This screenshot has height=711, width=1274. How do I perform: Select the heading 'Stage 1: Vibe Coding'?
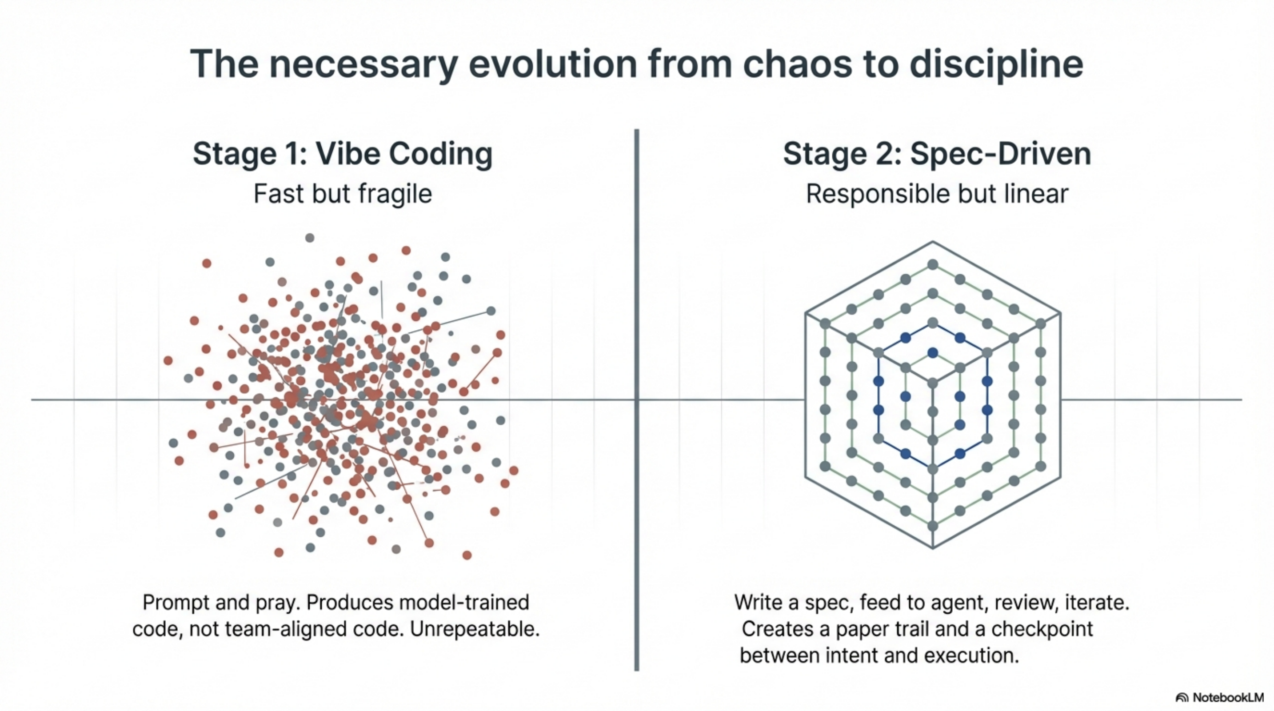[x=342, y=154]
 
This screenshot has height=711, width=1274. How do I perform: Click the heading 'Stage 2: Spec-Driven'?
[x=937, y=154]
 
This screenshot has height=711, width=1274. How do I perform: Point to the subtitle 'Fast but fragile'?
[x=343, y=193]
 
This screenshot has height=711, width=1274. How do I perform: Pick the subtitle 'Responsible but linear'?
[x=937, y=193]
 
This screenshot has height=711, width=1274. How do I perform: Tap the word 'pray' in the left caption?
[x=277, y=603]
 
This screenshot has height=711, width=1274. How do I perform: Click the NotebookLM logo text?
[x=1227, y=698]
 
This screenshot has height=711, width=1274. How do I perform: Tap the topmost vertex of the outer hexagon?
[x=933, y=242]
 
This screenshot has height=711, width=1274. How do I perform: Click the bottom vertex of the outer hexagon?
[x=933, y=548]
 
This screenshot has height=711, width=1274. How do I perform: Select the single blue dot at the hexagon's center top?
[x=933, y=352]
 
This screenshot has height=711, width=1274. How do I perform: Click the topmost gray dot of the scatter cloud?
[x=310, y=238]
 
